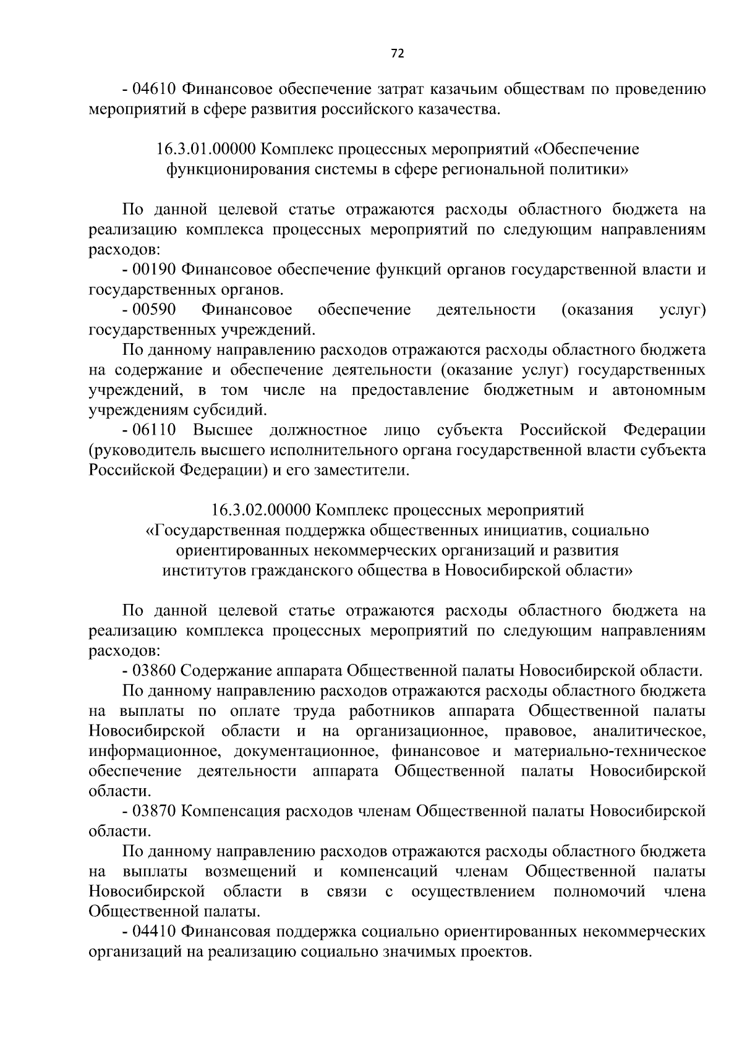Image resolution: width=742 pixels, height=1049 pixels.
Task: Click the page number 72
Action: click(x=398, y=54)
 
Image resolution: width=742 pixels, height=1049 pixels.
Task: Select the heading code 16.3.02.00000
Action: click(x=260, y=510)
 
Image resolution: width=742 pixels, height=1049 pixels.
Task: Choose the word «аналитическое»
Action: click(x=649, y=731)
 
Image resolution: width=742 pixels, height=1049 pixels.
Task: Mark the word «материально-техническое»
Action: click(x=610, y=751)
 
